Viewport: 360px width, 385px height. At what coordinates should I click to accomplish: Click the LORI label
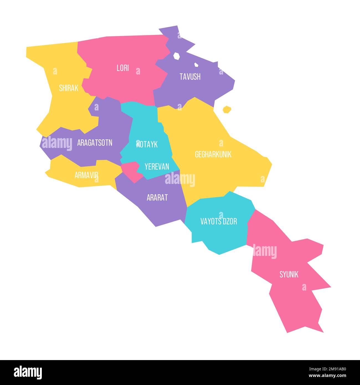pos(123,68)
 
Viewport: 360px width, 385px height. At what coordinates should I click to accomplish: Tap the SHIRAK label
pos(69,88)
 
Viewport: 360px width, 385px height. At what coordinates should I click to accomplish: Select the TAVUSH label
pos(190,77)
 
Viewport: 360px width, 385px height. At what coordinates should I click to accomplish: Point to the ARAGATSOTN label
pos(95,143)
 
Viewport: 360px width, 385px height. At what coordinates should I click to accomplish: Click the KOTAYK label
pos(147,144)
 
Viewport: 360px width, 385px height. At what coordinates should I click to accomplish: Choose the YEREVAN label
pos(157,166)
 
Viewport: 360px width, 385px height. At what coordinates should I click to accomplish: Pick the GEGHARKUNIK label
pos(213,154)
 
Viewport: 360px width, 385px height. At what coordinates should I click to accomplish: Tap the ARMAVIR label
pos(86,175)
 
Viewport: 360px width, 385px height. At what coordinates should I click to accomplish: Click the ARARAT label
pos(157,197)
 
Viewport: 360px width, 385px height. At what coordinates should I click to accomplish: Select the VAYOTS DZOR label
pos(218,221)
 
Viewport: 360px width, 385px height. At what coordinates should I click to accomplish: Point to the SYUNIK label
pos(289,274)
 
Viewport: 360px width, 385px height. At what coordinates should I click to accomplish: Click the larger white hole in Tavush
pos(176,56)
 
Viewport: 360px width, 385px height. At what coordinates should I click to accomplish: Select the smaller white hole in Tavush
pos(196,65)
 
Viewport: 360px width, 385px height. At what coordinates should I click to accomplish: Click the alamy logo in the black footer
pos(28,372)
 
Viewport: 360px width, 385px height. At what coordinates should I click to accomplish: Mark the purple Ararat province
pos(163,211)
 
